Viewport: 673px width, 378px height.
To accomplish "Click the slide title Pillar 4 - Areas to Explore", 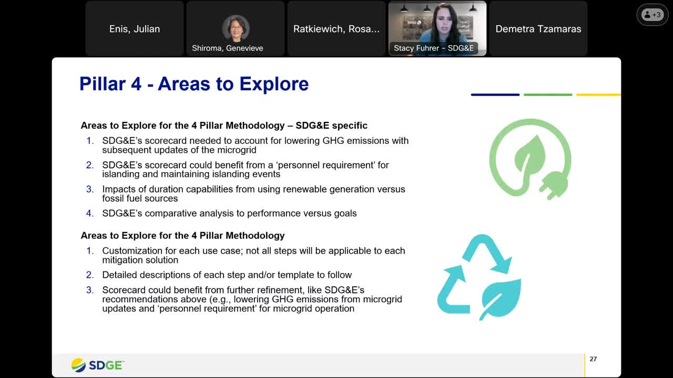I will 193,84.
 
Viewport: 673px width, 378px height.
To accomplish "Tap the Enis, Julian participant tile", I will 135,29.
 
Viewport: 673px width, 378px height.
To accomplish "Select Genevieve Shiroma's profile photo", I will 235,28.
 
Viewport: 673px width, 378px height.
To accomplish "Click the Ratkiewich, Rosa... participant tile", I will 336,29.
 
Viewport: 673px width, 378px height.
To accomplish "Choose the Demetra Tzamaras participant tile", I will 538,29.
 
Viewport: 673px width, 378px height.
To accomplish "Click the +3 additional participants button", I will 652,15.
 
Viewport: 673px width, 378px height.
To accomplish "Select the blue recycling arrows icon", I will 479,277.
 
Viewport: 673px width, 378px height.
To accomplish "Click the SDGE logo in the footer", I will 98,365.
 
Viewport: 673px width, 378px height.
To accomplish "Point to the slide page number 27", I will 593,359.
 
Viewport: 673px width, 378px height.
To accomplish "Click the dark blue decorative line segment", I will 495,95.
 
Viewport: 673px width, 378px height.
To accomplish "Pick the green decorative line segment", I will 547,95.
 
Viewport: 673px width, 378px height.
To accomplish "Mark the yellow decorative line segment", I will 598,95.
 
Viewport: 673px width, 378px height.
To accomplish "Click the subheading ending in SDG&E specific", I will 224,125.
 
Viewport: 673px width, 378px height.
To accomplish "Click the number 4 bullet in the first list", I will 90,213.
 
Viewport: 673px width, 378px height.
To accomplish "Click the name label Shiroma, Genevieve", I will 227,48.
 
